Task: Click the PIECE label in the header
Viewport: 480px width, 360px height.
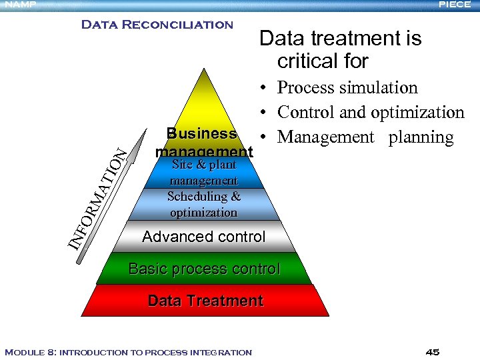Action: pos(455,5)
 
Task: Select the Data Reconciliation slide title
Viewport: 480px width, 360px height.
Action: pos(157,25)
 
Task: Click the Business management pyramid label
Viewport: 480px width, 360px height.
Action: pos(203,142)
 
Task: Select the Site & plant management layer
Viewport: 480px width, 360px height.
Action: pos(203,173)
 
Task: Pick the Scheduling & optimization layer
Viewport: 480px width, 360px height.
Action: pos(203,205)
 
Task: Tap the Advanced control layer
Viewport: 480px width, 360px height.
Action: pos(204,237)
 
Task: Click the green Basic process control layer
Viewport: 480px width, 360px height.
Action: pos(204,269)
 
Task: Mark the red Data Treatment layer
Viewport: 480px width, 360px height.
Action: pos(205,301)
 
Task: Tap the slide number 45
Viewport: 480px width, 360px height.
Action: pos(432,352)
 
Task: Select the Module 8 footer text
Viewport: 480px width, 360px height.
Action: pos(128,352)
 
